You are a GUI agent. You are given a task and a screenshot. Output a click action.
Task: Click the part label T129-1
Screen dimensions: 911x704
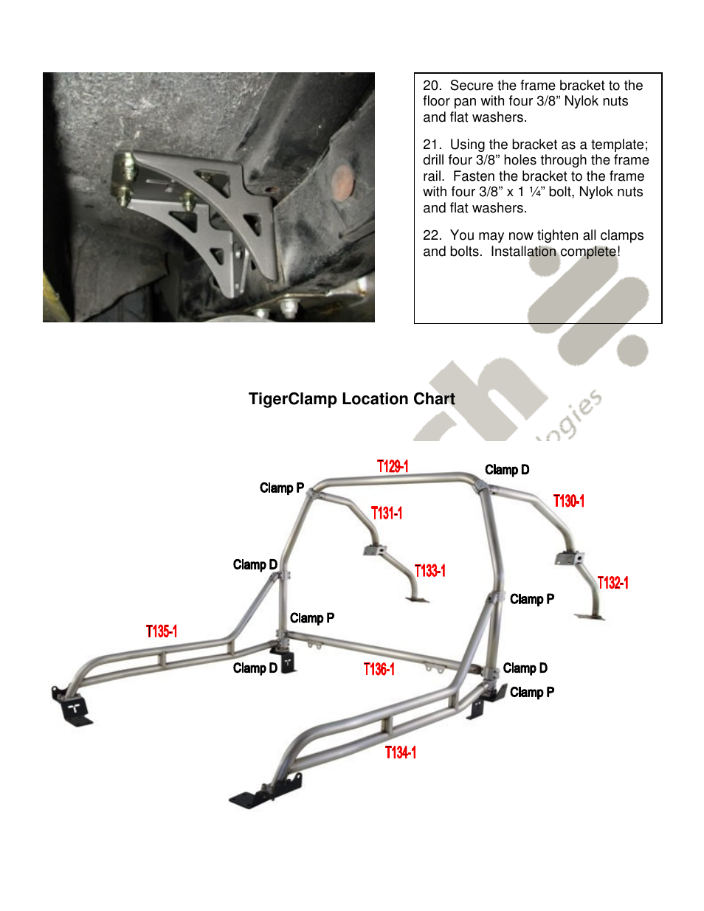(x=393, y=466)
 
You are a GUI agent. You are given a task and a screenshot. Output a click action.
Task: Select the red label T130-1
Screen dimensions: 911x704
(x=568, y=502)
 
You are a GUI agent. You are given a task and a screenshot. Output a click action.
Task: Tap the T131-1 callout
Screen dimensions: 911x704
(x=386, y=513)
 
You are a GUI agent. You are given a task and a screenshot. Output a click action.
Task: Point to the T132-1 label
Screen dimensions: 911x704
(x=612, y=583)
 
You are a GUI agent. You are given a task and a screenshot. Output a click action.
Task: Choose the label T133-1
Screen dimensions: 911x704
(x=429, y=571)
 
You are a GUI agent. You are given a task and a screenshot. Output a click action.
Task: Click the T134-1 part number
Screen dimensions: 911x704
(x=401, y=752)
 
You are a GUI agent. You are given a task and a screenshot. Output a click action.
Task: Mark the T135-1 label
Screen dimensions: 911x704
(x=162, y=631)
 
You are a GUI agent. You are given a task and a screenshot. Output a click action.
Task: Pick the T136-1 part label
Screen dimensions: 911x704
(x=379, y=669)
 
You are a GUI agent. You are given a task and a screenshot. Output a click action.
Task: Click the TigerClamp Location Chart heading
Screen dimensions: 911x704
(x=351, y=399)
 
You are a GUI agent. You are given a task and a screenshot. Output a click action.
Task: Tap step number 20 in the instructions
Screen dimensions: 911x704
(x=432, y=86)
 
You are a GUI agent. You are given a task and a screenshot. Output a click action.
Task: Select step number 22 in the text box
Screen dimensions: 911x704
(x=432, y=235)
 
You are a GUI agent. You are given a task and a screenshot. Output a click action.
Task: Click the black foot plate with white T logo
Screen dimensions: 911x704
(x=75, y=710)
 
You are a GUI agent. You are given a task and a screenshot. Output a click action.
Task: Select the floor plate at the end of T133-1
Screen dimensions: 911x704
(x=417, y=600)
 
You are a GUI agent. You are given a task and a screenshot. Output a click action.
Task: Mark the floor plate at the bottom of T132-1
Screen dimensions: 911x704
(x=590, y=616)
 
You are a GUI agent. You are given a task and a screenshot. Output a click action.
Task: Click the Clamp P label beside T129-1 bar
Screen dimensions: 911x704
(x=281, y=488)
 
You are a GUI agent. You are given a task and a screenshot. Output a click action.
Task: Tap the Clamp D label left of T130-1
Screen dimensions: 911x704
(x=506, y=470)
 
